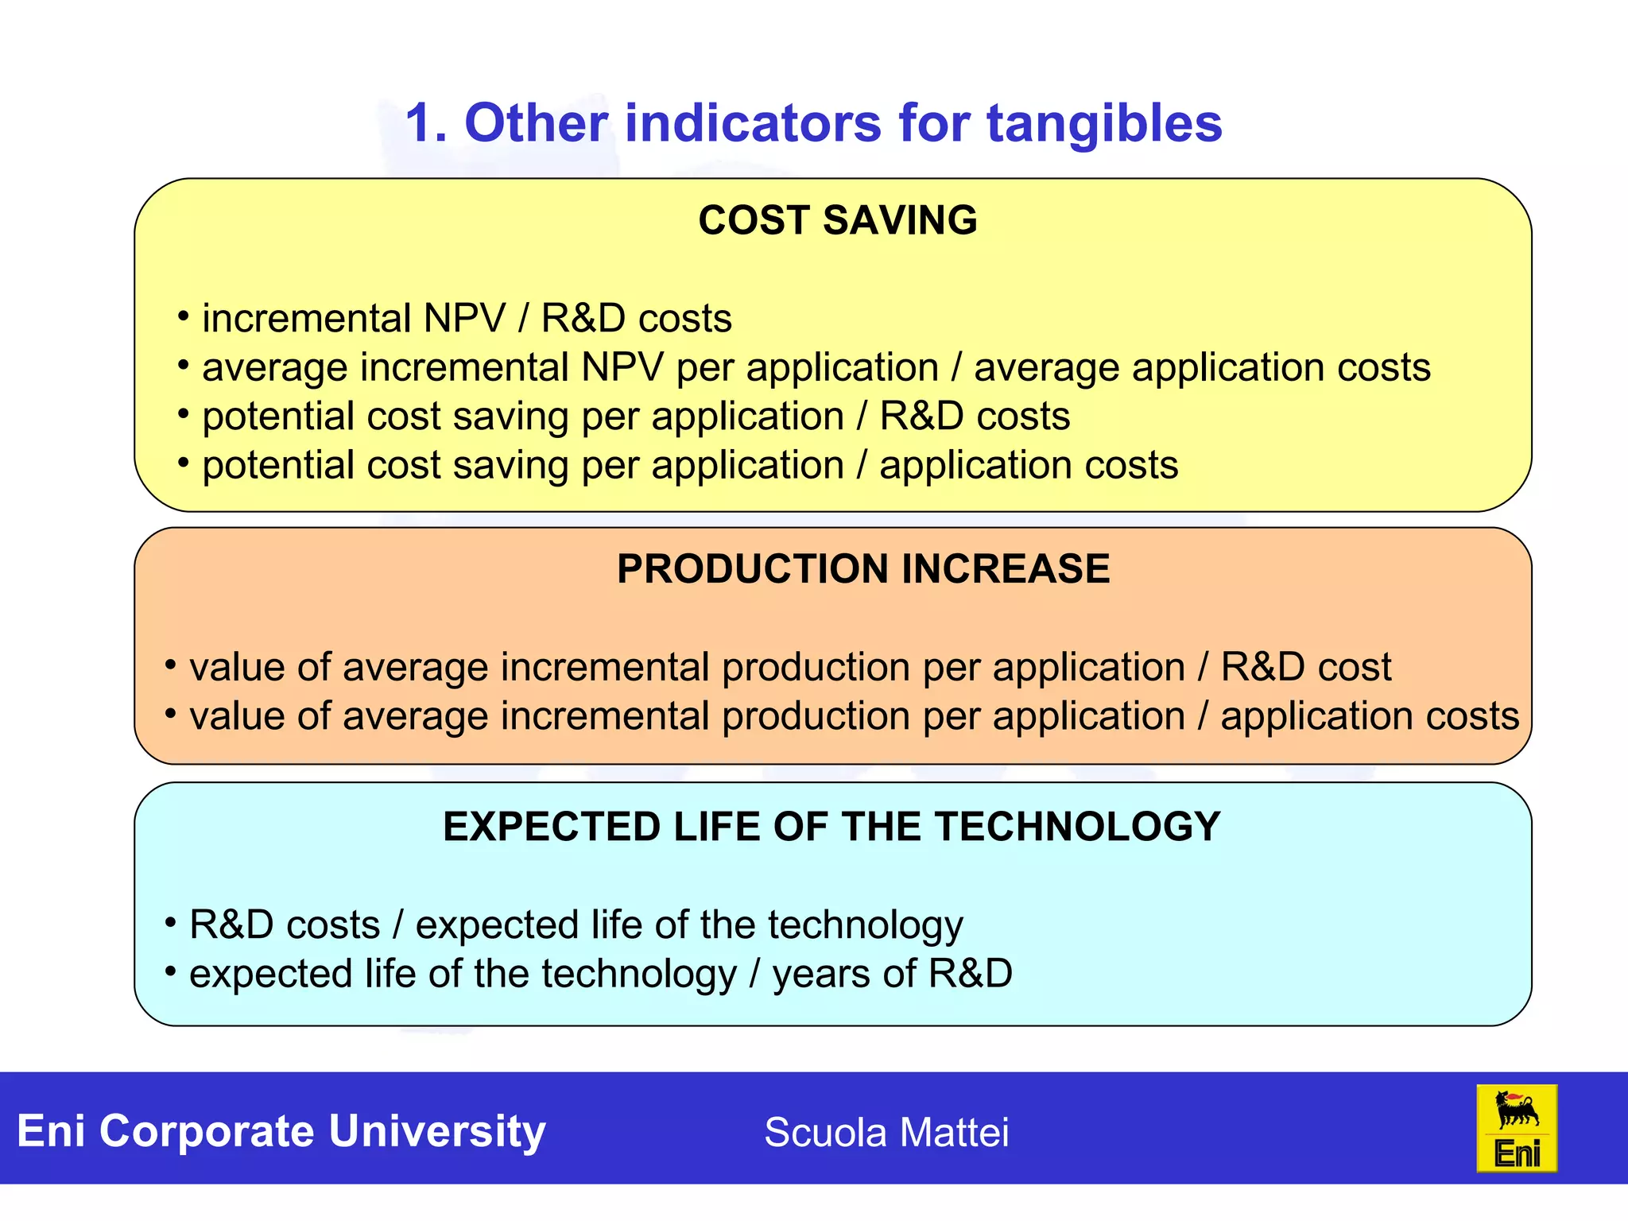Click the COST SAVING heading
point(837,220)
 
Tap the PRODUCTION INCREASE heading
point(863,569)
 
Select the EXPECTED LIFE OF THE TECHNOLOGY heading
point(831,827)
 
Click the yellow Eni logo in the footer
point(1516,1128)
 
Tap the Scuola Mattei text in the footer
point(886,1132)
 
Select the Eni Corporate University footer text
point(281,1130)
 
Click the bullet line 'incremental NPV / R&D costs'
point(467,319)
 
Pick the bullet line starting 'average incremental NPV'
point(816,368)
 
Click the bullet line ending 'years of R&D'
point(600,974)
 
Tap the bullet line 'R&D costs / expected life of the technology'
point(576,925)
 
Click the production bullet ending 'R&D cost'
point(789,667)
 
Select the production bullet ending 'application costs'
point(854,716)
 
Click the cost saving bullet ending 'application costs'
point(689,466)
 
